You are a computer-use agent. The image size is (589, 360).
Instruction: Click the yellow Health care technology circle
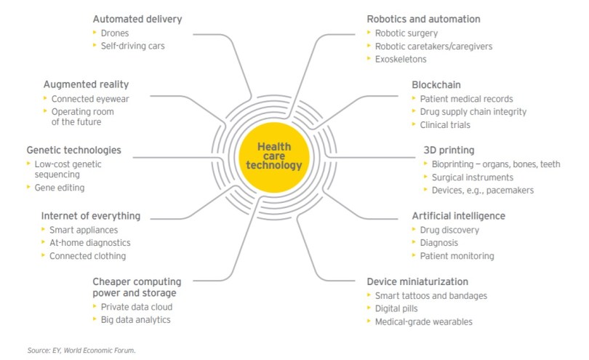pyautogui.click(x=274, y=156)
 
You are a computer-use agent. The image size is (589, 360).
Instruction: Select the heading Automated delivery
pyautogui.click(x=137, y=18)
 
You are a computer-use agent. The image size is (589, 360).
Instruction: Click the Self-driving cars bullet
pyautogui.click(x=132, y=46)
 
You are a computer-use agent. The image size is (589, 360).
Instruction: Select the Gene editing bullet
pyautogui.click(x=60, y=188)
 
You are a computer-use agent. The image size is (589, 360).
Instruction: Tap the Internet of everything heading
pyautogui.click(x=91, y=215)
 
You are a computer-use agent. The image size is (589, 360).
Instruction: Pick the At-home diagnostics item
pyautogui.click(x=89, y=243)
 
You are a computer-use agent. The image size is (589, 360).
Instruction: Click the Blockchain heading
pyautogui.click(x=436, y=84)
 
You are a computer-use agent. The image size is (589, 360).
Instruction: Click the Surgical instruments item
pyautogui.click(x=472, y=177)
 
